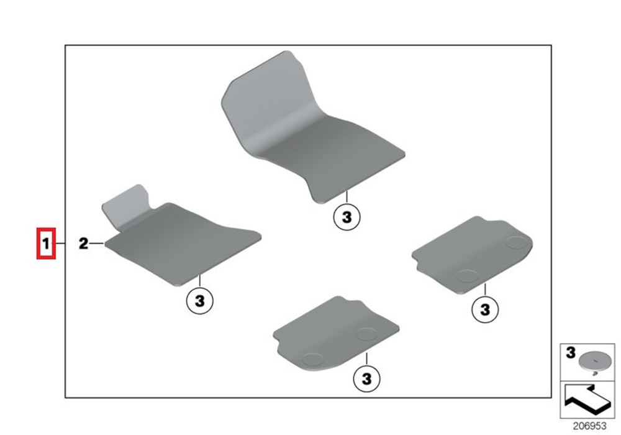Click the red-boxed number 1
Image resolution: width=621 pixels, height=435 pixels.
[x=46, y=244]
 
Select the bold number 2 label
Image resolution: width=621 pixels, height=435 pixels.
[x=83, y=243]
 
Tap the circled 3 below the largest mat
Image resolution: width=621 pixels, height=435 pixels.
[x=347, y=217]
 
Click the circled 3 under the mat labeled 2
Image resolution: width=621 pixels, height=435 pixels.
[x=200, y=301]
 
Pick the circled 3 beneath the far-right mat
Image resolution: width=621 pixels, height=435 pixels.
[x=485, y=309]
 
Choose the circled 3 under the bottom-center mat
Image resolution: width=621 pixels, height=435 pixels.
[x=367, y=378]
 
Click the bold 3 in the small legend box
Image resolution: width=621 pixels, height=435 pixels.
[x=570, y=352]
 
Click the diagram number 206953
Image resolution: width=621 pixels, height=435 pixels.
[x=590, y=426]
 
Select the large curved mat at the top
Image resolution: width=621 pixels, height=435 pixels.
[x=313, y=127]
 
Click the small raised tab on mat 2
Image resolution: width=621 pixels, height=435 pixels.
[x=126, y=206]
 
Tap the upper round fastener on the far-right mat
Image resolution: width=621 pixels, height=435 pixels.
[x=517, y=242]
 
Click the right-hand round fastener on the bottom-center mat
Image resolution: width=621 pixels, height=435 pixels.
[x=366, y=334]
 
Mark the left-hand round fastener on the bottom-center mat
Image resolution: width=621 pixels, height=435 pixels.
[x=313, y=360]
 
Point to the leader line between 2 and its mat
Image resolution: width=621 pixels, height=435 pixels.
[x=97, y=243]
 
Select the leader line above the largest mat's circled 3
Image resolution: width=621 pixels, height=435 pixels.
[x=347, y=197]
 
